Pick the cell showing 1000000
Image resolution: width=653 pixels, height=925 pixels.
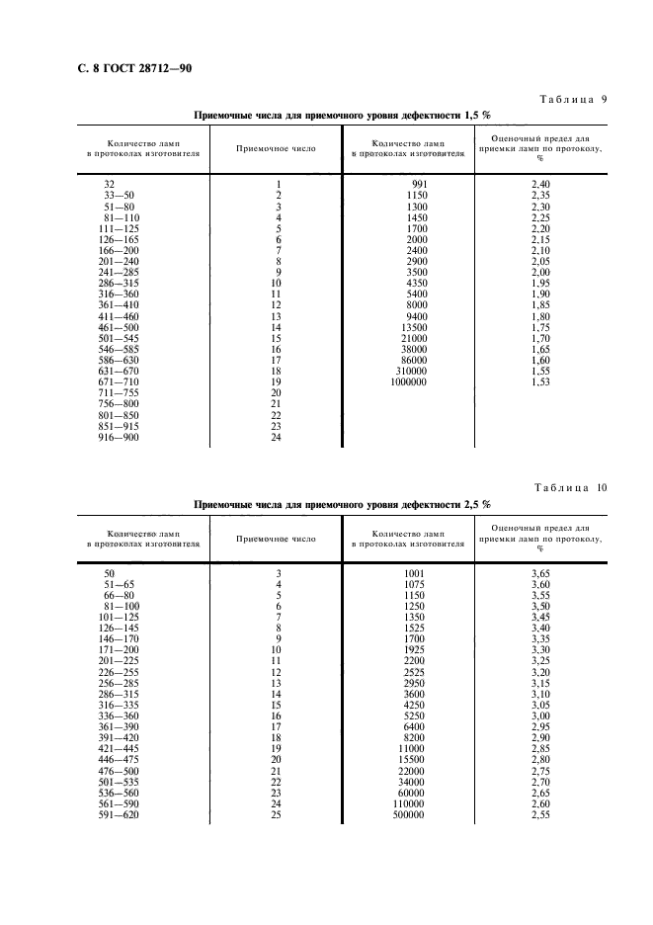click(409, 381)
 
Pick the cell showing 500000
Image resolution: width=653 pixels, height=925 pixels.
click(411, 816)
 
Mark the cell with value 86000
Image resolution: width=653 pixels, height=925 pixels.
click(414, 360)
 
